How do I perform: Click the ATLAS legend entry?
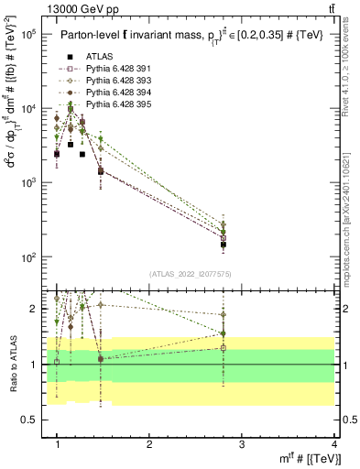click(99, 56)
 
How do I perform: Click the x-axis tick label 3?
click(242, 443)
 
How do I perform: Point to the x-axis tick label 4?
click(333, 443)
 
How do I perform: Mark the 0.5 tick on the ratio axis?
click(31, 420)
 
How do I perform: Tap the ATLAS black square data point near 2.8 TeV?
click(224, 245)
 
